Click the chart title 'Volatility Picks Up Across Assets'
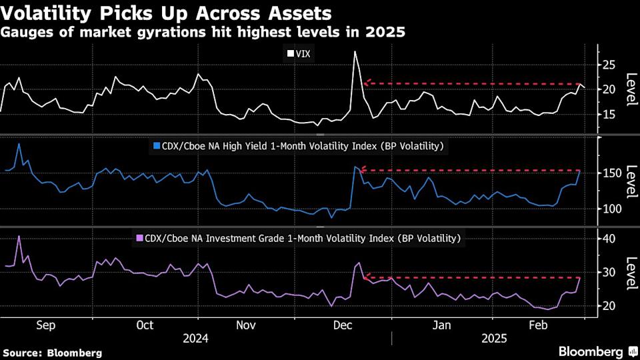pos(167,13)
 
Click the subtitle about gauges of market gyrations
pos(203,31)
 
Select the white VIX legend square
pos(291,53)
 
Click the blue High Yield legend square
pos(157,145)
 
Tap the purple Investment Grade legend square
pos(139,237)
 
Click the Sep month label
pos(45,325)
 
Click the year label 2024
pos(195,338)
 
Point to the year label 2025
pos(494,338)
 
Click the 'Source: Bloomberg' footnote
pos(53,352)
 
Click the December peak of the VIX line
pos(355,51)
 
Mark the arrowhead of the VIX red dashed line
pos(366,83)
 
